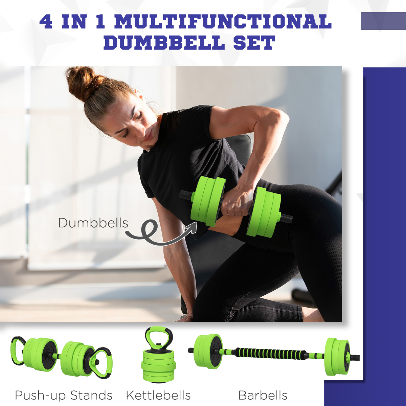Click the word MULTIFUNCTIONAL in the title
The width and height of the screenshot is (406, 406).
click(x=223, y=22)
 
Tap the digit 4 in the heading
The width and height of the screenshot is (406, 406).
click(x=46, y=22)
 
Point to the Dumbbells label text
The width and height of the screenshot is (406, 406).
click(x=93, y=223)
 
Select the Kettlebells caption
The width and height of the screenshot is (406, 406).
click(x=158, y=395)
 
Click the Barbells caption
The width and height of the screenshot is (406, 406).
click(x=263, y=395)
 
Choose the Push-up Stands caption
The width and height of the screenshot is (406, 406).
click(x=64, y=395)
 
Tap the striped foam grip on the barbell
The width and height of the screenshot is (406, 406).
click(x=271, y=354)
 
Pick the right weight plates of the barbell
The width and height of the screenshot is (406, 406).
click(x=337, y=357)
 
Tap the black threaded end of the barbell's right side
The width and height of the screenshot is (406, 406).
click(x=355, y=357)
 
